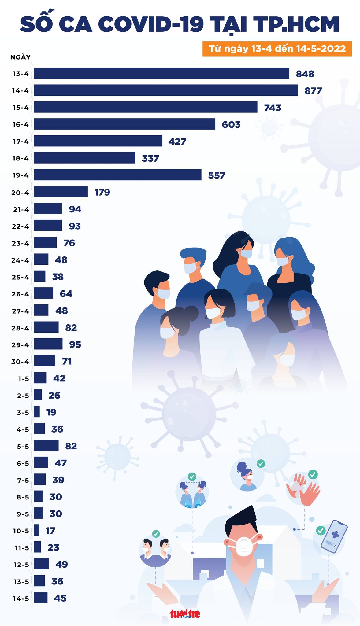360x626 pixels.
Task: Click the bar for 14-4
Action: (166, 90)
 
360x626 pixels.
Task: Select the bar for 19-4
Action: (117, 175)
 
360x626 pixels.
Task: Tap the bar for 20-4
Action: (61, 192)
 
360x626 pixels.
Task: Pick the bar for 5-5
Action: (46, 446)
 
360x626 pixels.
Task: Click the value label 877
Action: (313, 91)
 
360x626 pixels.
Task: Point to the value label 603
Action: (231, 125)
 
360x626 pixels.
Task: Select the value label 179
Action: (102, 192)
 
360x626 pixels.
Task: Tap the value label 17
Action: (50, 531)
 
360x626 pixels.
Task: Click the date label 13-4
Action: (20, 74)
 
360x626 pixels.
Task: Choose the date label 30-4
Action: (20, 362)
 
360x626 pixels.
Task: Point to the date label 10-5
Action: (21, 531)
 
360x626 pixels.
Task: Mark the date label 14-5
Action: (21, 598)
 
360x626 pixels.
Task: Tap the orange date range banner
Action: (277, 49)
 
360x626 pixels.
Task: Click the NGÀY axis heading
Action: (20, 57)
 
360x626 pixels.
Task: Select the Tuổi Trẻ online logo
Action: (185, 613)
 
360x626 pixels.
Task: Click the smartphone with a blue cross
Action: (334, 536)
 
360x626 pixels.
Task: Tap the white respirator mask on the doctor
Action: (244, 547)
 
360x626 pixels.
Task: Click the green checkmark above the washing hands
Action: (313, 474)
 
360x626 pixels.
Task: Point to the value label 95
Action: (75, 344)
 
